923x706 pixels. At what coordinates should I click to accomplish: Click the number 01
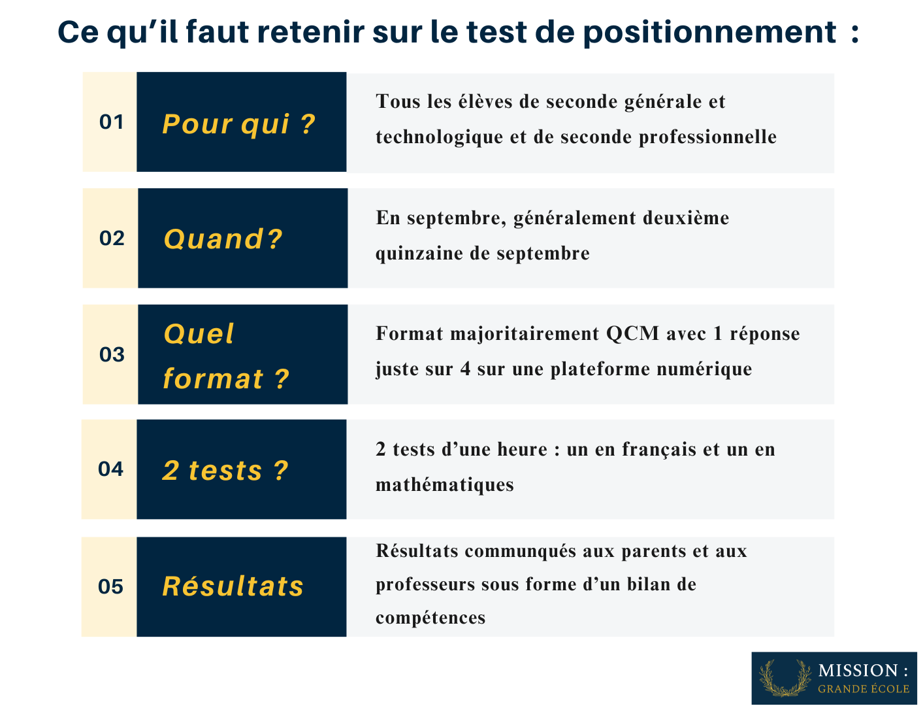point(111,122)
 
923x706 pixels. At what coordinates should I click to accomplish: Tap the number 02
point(112,239)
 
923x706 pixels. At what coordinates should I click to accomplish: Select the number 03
point(112,354)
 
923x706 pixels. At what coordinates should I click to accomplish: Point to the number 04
point(110,469)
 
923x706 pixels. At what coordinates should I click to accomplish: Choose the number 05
point(110,587)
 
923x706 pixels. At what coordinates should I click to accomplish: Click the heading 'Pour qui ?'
point(238,124)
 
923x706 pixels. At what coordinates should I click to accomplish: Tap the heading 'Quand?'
point(223,239)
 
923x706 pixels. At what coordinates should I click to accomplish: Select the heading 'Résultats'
point(233,586)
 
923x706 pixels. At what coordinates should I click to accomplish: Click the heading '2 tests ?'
point(225,471)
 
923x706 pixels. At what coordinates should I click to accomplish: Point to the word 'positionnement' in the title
point(709,32)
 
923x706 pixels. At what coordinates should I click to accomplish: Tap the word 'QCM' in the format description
point(632,334)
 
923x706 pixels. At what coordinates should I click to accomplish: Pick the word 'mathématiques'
point(444,485)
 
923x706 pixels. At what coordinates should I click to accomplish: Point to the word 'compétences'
point(430,618)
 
